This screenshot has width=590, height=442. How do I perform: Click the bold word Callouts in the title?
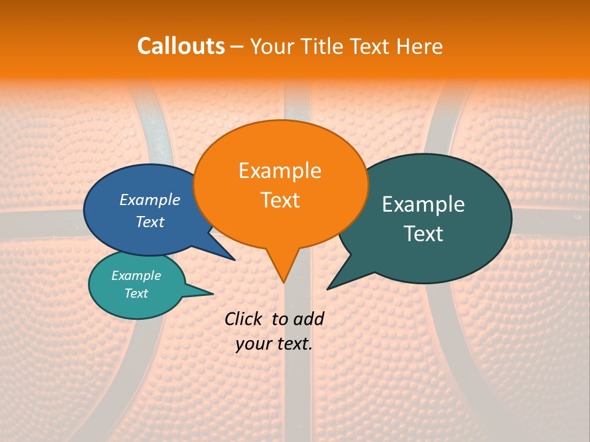(x=181, y=46)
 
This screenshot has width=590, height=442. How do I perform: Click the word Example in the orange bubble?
(x=280, y=171)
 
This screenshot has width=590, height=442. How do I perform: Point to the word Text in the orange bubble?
(x=280, y=200)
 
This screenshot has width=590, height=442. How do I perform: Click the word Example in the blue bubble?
(x=150, y=200)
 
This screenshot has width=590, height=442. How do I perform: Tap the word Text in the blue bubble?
(x=150, y=222)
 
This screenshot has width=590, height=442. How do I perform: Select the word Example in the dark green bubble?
(x=423, y=204)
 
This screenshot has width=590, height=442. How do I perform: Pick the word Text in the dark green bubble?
(x=423, y=234)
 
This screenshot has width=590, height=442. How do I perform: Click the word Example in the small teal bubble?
(x=136, y=276)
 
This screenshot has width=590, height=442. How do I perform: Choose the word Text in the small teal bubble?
(x=136, y=293)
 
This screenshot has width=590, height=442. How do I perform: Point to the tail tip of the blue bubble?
(x=234, y=260)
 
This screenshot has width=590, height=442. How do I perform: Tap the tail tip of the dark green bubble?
(x=328, y=289)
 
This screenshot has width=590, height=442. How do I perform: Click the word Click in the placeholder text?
(x=244, y=319)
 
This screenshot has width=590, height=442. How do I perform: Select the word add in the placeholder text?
(x=309, y=319)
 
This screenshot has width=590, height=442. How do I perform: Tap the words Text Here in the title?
(x=396, y=46)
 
